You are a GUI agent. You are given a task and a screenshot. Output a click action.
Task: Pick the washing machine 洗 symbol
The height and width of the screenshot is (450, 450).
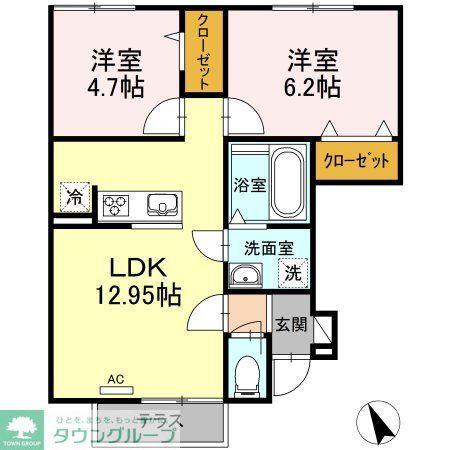tap(295, 272)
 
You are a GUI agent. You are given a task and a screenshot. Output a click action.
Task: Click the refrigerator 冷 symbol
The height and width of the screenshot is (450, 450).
tap(75, 196)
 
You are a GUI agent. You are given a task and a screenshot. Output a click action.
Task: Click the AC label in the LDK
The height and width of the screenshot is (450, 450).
tap(116, 380)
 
